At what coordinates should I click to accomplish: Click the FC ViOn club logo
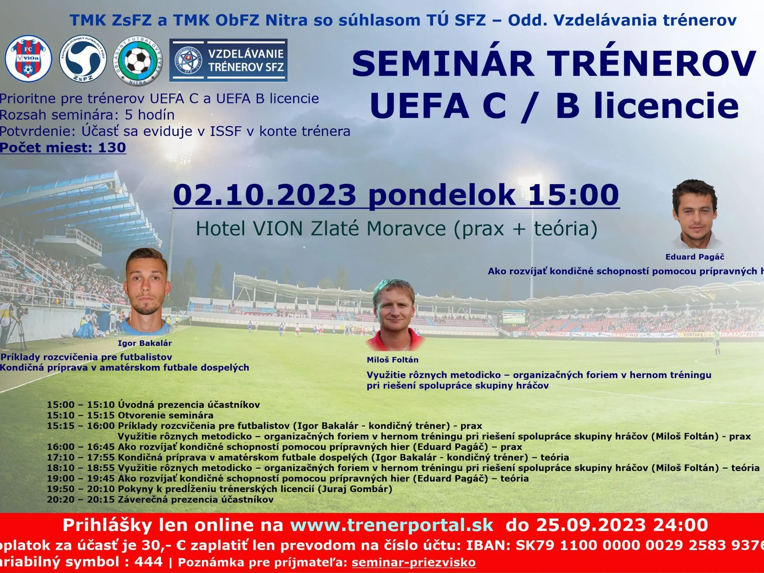click(x=28, y=59)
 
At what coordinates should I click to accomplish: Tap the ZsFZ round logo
click(x=83, y=59)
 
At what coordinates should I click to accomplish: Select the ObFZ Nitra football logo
click(x=138, y=60)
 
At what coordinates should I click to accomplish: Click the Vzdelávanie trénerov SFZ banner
click(x=228, y=60)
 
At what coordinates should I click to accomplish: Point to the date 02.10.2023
click(x=265, y=195)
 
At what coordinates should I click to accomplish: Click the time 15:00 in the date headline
click(x=573, y=195)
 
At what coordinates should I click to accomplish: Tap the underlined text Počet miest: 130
click(x=63, y=148)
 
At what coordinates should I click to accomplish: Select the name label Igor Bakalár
click(x=145, y=343)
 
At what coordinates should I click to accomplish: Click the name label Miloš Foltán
click(x=392, y=360)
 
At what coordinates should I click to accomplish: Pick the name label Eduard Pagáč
click(x=695, y=257)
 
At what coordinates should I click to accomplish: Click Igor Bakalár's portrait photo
click(x=147, y=290)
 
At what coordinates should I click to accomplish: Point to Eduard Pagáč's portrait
click(x=696, y=213)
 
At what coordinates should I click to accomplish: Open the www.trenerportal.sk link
click(x=392, y=525)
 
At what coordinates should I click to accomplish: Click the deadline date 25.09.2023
click(x=591, y=525)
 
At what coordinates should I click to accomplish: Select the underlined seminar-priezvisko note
click(x=413, y=563)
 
